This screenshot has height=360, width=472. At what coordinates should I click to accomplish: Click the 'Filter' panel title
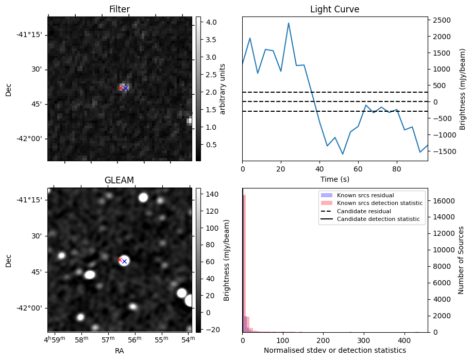tap(119, 9)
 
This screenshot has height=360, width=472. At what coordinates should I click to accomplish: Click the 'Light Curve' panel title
tap(334, 9)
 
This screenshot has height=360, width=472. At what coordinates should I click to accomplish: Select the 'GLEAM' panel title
tap(119, 180)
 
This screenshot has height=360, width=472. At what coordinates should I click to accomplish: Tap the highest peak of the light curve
tap(289, 23)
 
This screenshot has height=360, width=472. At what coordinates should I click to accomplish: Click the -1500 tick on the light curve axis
tap(441, 151)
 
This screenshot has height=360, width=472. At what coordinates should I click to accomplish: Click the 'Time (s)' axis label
tap(334, 179)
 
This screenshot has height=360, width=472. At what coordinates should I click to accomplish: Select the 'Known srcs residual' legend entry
tap(365, 196)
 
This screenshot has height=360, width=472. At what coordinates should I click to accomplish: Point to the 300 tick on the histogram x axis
tap(364, 340)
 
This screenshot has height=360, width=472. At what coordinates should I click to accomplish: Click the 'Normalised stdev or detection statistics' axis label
tap(334, 350)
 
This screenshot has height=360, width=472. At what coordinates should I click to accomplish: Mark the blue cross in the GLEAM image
tap(124, 262)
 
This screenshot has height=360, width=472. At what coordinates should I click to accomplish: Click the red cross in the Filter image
tap(121, 88)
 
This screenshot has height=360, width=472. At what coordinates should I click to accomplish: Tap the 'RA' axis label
tap(119, 350)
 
